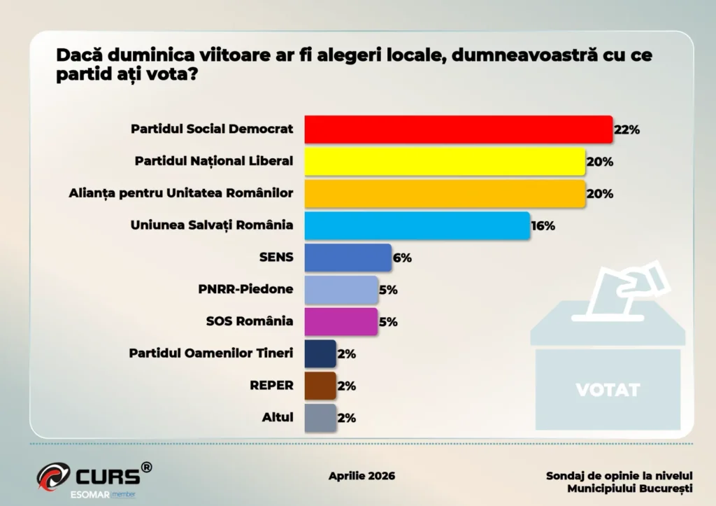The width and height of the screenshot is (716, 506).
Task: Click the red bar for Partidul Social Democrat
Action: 458,129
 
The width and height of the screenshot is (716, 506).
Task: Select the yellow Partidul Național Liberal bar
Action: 444,162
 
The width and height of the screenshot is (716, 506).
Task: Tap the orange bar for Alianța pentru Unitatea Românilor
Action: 444,194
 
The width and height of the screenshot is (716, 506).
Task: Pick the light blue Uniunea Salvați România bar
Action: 416,225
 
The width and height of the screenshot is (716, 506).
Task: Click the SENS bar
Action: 348,258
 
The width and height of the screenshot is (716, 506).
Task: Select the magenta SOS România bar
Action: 341,322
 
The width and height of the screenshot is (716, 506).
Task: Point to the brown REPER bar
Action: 320,386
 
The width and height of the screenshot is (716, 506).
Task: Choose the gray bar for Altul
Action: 320,418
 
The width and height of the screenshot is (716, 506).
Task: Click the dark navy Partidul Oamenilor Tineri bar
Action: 320,353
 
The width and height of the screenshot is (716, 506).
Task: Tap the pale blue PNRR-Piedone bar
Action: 341,290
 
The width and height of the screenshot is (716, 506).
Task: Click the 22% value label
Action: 627,129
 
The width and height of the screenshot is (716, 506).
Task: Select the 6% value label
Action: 402,258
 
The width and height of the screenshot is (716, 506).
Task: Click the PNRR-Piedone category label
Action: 246,290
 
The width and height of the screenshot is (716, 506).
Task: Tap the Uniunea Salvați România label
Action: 212,225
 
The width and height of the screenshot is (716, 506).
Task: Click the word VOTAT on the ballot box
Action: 608,390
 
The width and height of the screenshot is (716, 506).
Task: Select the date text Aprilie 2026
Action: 361,476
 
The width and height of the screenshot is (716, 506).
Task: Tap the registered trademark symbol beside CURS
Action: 146,467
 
